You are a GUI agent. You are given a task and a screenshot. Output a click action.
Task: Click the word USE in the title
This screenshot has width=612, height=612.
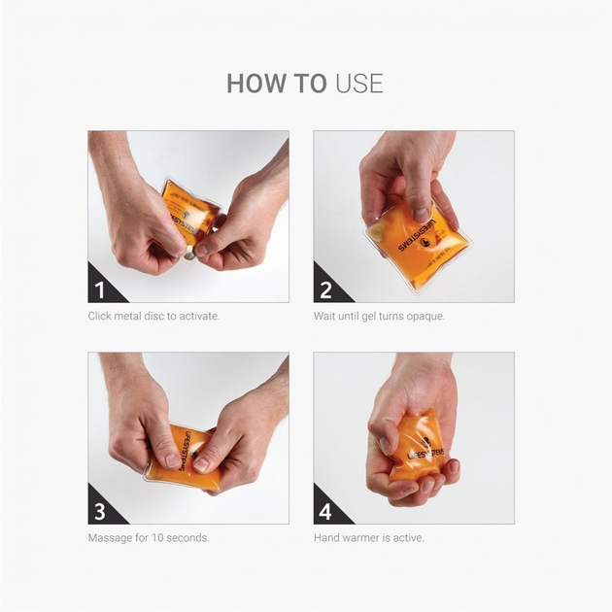[x=359, y=84]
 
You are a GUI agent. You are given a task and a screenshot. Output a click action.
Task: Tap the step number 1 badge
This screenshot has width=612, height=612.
[x=99, y=289]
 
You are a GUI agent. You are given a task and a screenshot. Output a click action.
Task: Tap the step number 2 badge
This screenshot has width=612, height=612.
[x=325, y=289]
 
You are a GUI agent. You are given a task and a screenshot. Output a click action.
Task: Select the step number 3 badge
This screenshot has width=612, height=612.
[x=99, y=511]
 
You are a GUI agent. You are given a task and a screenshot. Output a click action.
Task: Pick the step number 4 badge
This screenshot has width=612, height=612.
[x=325, y=511]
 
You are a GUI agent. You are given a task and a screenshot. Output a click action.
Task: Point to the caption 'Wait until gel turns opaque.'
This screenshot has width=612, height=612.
[x=379, y=317]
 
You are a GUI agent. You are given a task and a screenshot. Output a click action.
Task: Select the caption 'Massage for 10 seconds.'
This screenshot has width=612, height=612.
[x=149, y=537]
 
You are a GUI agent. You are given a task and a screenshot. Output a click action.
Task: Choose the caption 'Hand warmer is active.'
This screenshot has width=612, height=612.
[x=368, y=537]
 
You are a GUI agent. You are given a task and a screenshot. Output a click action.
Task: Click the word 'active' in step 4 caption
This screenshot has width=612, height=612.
[x=408, y=537]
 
